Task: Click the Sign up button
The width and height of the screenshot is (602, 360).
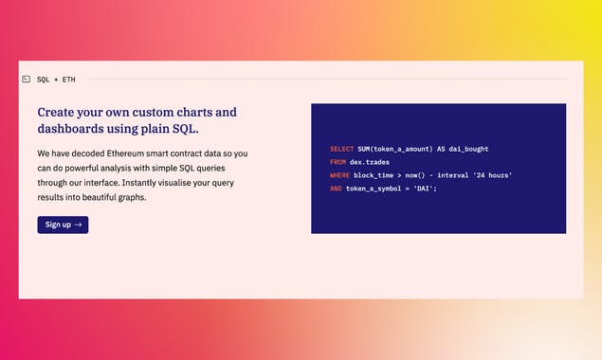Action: tap(63, 225)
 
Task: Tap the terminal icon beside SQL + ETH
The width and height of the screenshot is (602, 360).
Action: tap(27, 80)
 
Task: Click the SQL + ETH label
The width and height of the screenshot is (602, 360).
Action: tap(56, 80)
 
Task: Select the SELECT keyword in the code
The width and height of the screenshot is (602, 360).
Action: tap(341, 149)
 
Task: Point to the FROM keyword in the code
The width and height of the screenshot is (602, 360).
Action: tap(337, 162)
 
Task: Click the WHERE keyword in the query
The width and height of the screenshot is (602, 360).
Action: tap(339, 175)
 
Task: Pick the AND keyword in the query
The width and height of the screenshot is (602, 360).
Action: tap(336, 189)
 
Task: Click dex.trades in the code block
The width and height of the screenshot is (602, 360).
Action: tap(369, 162)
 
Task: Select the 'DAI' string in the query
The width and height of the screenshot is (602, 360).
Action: tap(425, 189)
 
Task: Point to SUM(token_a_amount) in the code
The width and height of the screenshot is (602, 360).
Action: tap(394, 149)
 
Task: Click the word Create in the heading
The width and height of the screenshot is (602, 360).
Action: tap(58, 112)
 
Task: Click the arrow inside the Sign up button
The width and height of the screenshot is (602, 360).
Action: tap(78, 225)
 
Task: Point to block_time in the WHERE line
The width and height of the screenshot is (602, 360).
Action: tap(373, 175)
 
